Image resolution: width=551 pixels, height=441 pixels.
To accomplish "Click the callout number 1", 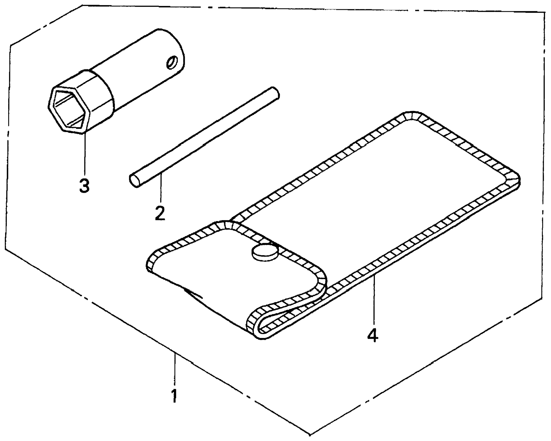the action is tap(174, 396).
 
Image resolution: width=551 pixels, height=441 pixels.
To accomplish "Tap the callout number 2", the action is tap(160, 213).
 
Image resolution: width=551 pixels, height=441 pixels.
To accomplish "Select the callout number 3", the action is tap(84, 186).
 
